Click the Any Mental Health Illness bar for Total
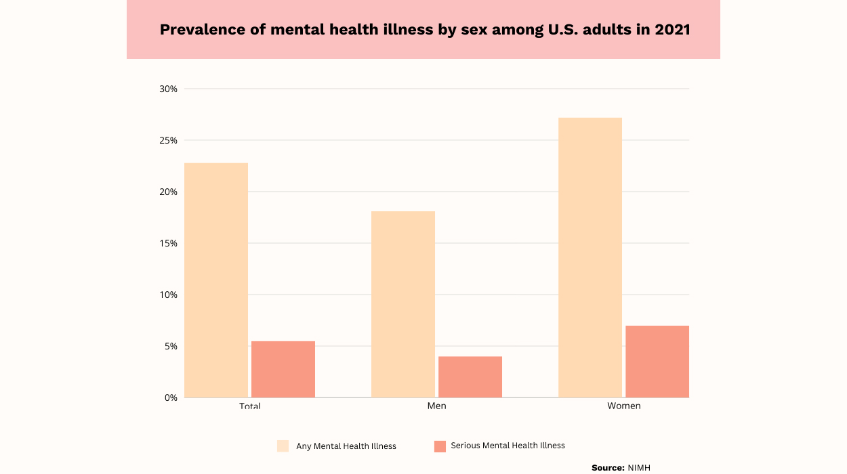pyautogui.click(x=216, y=280)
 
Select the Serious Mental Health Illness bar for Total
pyautogui.click(x=283, y=369)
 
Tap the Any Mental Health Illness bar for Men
pyautogui.click(x=403, y=304)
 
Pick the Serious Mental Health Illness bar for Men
pyautogui.click(x=470, y=377)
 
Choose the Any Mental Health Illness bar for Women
pyautogui.click(x=590, y=257)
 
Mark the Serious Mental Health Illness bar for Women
pyautogui.click(x=657, y=362)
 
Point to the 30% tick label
pyautogui.click(x=168, y=89)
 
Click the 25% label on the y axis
pyautogui.click(x=168, y=140)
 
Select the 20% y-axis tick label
pyautogui.click(x=168, y=192)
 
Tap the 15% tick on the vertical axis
pyautogui.click(x=168, y=243)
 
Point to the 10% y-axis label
pyautogui.click(x=168, y=295)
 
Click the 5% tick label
pyautogui.click(x=170, y=346)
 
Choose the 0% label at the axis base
pyautogui.click(x=170, y=397)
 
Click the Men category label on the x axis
pyautogui.click(x=437, y=406)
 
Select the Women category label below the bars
pyautogui.click(x=624, y=406)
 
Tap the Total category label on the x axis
pyautogui.click(x=250, y=406)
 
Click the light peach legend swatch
pyautogui.click(x=283, y=446)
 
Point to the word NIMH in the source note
pyautogui.click(x=639, y=468)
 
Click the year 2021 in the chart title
pyautogui.click(x=672, y=30)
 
